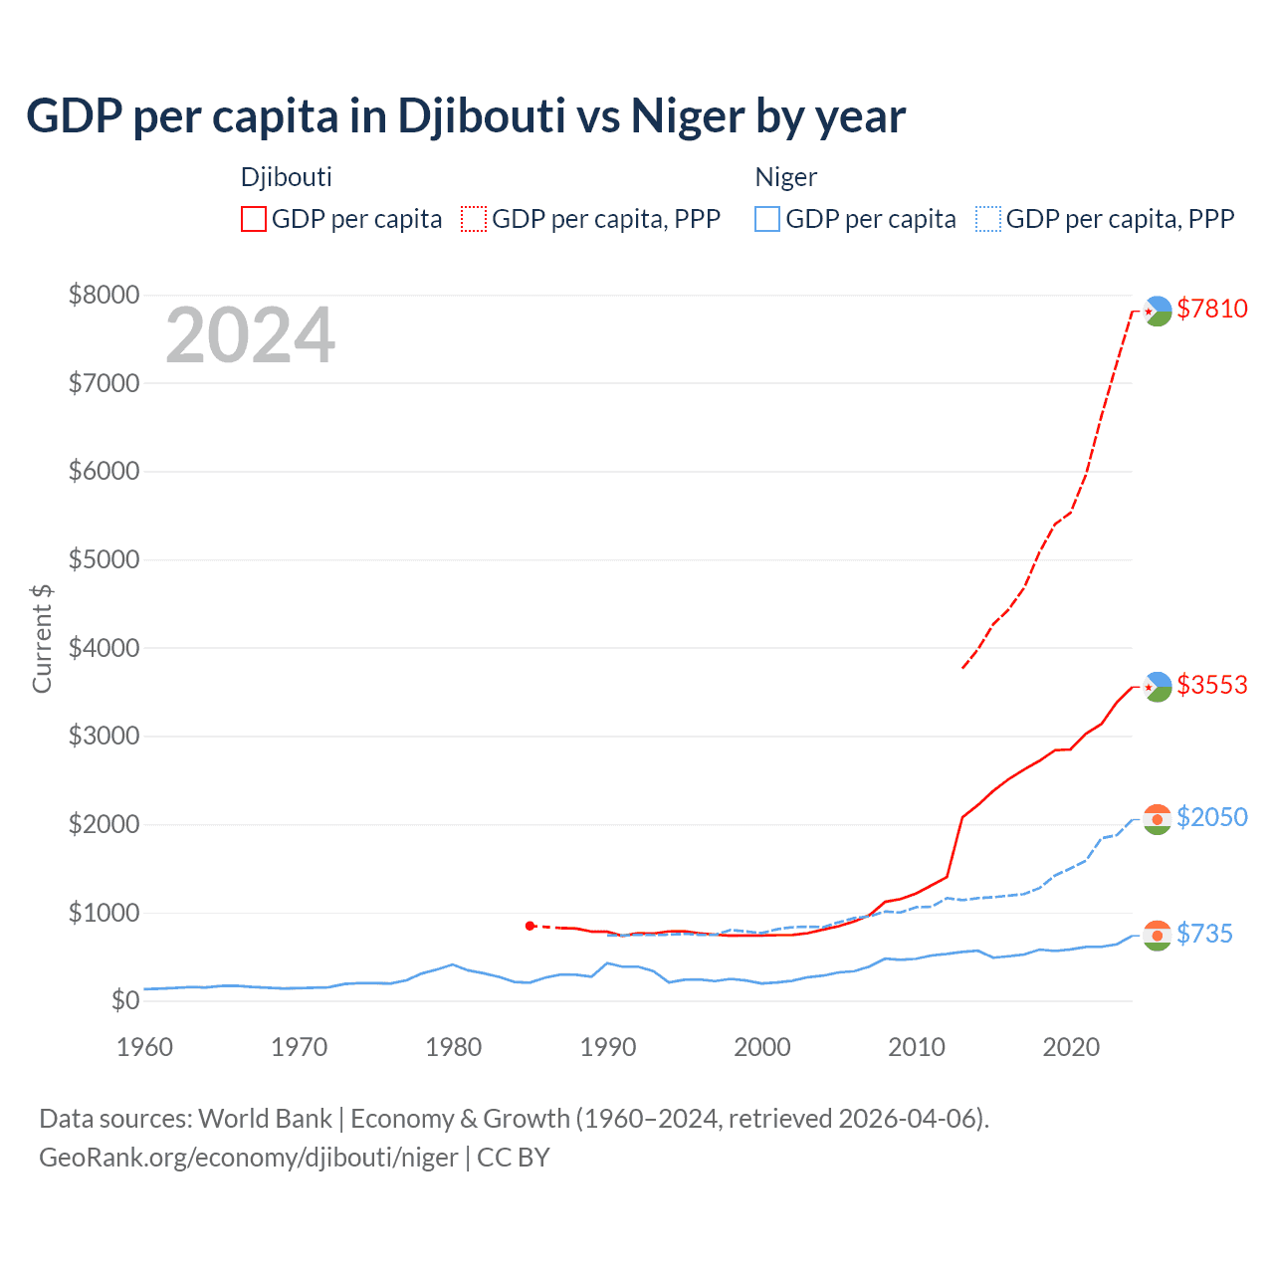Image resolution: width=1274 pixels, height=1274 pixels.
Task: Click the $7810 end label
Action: point(1211,309)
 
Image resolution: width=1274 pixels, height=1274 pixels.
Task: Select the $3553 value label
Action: point(1211,685)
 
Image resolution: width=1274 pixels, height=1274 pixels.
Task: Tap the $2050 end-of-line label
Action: point(1211,817)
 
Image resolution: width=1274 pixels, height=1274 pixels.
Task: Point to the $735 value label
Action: point(1204,934)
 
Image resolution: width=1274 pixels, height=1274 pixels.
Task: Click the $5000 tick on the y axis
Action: point(104,559)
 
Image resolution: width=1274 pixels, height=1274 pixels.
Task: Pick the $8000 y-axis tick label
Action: point(104,295)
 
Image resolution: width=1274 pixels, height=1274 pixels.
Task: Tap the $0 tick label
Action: point(124,1000)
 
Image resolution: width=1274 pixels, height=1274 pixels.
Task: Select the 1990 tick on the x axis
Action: point(608,1047)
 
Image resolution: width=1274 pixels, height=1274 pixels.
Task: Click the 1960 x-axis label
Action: point(145,1047)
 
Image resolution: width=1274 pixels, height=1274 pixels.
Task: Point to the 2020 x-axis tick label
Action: point(1071,1047)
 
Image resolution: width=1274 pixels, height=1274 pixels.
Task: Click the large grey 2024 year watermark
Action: point(250,335)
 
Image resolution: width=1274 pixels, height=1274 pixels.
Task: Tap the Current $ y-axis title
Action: point(42,639)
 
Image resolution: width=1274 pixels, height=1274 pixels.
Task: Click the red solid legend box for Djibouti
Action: point(254,219)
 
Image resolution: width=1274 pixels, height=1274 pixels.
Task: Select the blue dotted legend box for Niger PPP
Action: point(988,219)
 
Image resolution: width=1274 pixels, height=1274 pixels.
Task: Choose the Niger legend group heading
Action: point(785,177)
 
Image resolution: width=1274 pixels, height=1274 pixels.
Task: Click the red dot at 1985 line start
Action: point(530,926)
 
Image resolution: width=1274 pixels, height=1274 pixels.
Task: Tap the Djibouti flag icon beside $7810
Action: point(1158,312)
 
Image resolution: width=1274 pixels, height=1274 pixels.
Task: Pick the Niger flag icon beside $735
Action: point(1157,936)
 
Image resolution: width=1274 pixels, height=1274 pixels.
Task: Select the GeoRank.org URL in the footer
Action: point(248,1158)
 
